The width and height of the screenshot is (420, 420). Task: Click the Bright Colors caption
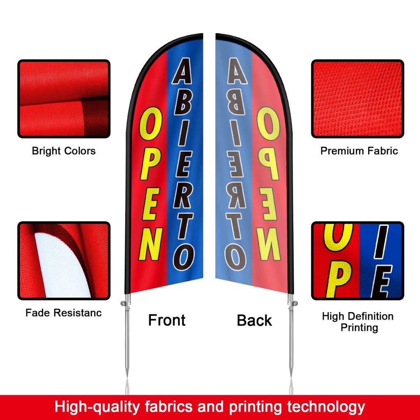(64, 151)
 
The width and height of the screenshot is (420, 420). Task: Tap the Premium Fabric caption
(359, 151)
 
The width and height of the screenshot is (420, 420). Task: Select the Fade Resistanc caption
(64, 313)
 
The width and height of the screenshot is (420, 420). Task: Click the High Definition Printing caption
(358, 322)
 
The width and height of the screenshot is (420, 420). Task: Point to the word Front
(167, 320)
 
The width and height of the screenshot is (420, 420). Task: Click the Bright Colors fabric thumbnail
(64, 99)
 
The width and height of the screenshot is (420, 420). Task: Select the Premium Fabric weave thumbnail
(358, 99)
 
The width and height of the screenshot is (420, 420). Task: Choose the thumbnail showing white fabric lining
(64, 261)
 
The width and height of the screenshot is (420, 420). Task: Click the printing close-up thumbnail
(358, 261)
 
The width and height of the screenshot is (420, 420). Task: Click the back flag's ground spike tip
(291, 373)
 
